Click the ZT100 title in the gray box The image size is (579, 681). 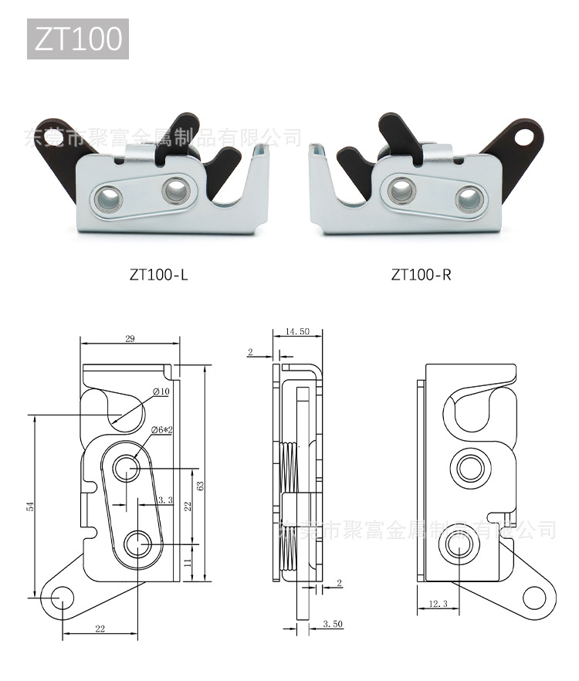click(x=78, y=39)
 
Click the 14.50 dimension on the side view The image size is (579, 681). click(x=297, y=331)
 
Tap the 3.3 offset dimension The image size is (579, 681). click(x=164, y=500)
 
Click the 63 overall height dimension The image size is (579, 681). click(x=200, y=486)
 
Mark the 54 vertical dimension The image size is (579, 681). click(x=31, y=506)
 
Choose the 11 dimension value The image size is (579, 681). click(x=188, y=564)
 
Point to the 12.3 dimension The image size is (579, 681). click(x=437, y=603)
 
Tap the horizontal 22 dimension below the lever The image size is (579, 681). click(x=100, y=628)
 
